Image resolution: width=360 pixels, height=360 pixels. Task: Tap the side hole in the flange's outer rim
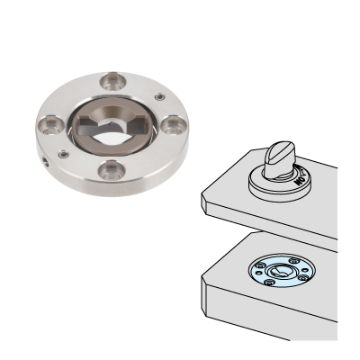[46, 164]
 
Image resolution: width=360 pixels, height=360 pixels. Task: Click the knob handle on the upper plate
[280, 156]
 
